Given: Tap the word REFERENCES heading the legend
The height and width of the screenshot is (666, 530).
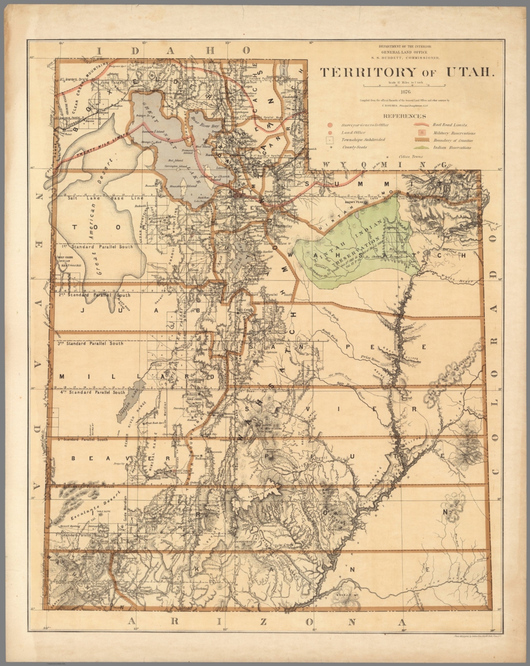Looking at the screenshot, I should [x=405, y=116].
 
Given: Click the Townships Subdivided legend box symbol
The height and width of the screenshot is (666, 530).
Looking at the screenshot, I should [x=330, y=140].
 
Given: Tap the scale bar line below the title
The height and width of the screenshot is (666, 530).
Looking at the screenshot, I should [x=403, y=86].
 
